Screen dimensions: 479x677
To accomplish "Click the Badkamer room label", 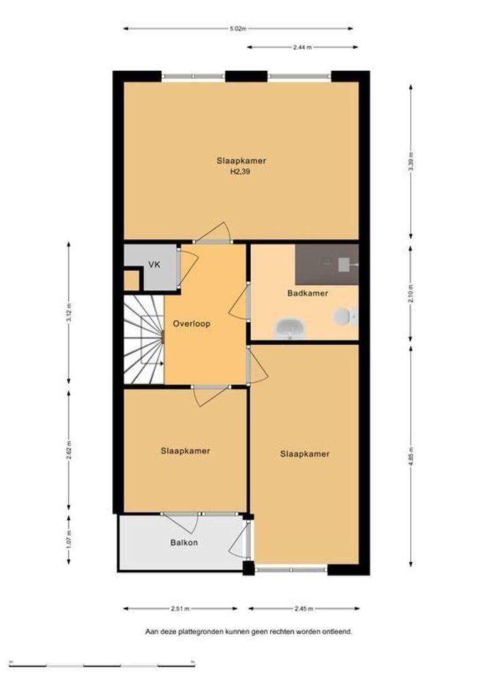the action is point(308,293).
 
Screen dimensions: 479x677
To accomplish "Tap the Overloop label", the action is point(191,324).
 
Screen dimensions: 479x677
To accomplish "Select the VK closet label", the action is point(154,265).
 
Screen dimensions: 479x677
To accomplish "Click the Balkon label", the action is point(184,543).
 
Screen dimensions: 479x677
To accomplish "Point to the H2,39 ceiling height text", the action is point(240,171).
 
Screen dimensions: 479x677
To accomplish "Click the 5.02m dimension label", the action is point(238,29).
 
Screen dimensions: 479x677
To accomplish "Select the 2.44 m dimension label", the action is point(302,48).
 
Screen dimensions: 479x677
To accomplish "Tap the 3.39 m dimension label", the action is point(411,162).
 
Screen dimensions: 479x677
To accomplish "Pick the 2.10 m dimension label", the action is point(411,293).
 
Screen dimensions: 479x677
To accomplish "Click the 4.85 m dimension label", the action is point(411,457).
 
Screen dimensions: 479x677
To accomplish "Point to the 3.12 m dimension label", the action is point(69,313).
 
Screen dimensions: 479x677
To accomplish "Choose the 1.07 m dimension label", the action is point(69,540).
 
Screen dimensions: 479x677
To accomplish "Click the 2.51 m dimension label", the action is point(180,609).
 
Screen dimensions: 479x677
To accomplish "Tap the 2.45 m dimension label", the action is point(303,609).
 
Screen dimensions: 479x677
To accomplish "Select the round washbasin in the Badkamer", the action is point(290,328).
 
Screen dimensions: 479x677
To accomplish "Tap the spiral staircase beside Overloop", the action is point(144,339).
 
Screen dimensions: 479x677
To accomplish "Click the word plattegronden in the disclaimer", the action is point(198,632).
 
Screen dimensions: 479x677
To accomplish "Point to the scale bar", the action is point(102,666).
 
